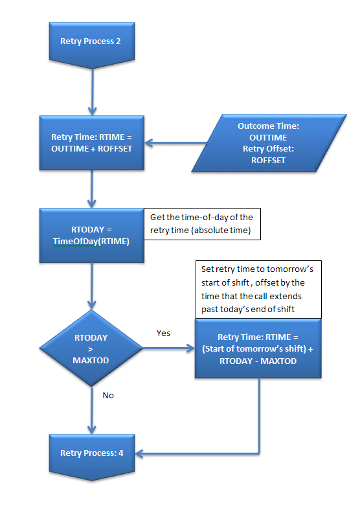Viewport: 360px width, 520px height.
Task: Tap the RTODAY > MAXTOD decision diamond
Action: [91, 348]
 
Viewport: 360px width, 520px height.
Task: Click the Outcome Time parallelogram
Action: [269, 143]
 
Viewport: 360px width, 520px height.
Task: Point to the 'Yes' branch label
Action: [163, 333]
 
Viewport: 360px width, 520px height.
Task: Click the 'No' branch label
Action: [108, 395]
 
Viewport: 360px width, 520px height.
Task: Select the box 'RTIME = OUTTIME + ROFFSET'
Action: [92, 143]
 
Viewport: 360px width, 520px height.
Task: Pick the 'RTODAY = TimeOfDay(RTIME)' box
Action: [92, 236]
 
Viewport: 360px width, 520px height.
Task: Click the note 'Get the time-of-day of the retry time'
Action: [202, 224]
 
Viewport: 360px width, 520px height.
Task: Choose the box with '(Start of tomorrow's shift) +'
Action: [258, 348]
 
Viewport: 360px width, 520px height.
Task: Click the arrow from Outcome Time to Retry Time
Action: [175, 143]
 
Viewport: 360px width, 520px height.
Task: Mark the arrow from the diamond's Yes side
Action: [169, 348]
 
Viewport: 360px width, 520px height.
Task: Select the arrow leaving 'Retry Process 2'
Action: [92, 92]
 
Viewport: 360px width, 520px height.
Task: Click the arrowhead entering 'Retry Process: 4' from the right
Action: [139, 453]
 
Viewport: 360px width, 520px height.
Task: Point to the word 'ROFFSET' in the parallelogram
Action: [268, 161]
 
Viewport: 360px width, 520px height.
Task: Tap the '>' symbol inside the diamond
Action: [91, 349]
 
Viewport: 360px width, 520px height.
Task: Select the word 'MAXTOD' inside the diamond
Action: [91, 361]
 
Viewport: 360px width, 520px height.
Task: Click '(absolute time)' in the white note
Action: [221, 230]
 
